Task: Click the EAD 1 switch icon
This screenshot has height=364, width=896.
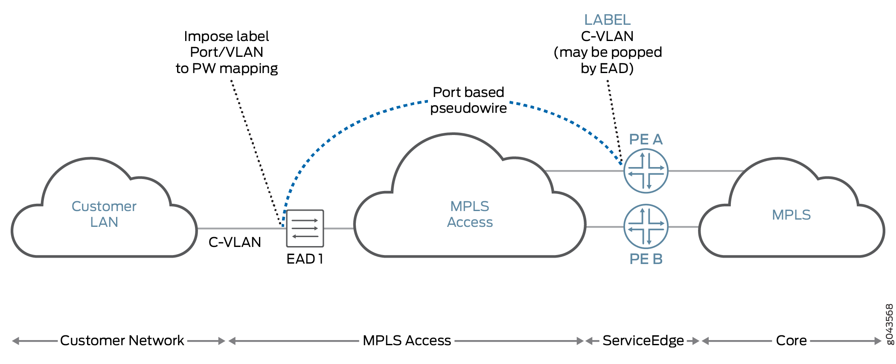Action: coord(305,228)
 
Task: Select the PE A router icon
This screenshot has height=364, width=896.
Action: coord(646,171)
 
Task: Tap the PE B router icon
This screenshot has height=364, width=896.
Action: coord(646,226)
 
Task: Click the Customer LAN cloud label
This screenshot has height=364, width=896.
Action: coord(104,214)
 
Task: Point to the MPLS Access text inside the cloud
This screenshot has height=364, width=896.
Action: coord(470,214)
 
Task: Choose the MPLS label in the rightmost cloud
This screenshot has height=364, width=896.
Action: coord(791,214)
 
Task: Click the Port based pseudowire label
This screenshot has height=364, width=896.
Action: coord(468,100)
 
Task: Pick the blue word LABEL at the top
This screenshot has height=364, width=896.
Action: coord(607,20)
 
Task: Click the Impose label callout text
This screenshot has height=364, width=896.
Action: coord(227,52)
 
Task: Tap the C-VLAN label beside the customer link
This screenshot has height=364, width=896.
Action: coord(235,242)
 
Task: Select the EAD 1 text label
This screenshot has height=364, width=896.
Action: coord(305,259)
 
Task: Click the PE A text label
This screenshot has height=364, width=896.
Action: coord(646,139)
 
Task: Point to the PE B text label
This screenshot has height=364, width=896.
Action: coord(646,259)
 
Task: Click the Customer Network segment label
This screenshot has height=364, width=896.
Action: coord(122,341)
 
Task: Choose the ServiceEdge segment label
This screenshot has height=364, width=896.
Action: coord(643,341)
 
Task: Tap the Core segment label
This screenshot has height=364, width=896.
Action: coord(791,341)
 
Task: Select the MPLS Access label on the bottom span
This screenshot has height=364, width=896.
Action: coord(407,341)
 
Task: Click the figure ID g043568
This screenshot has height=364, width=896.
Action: coord(889,323)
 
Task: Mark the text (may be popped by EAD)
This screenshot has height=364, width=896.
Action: coord(608,60)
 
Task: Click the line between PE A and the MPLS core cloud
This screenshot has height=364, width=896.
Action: coord(704,171)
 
